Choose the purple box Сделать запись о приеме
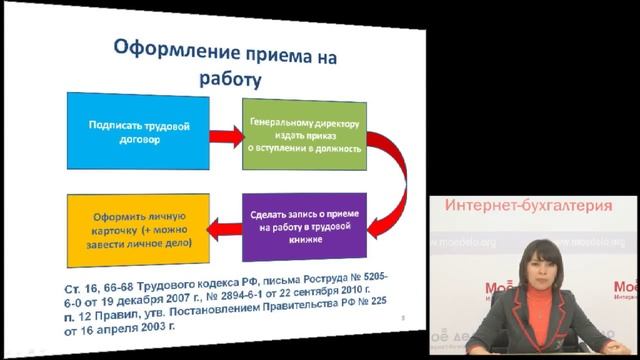pyautogui.click(x=305, y=227)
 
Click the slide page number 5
pyautogui.click(x=400, y=317)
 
